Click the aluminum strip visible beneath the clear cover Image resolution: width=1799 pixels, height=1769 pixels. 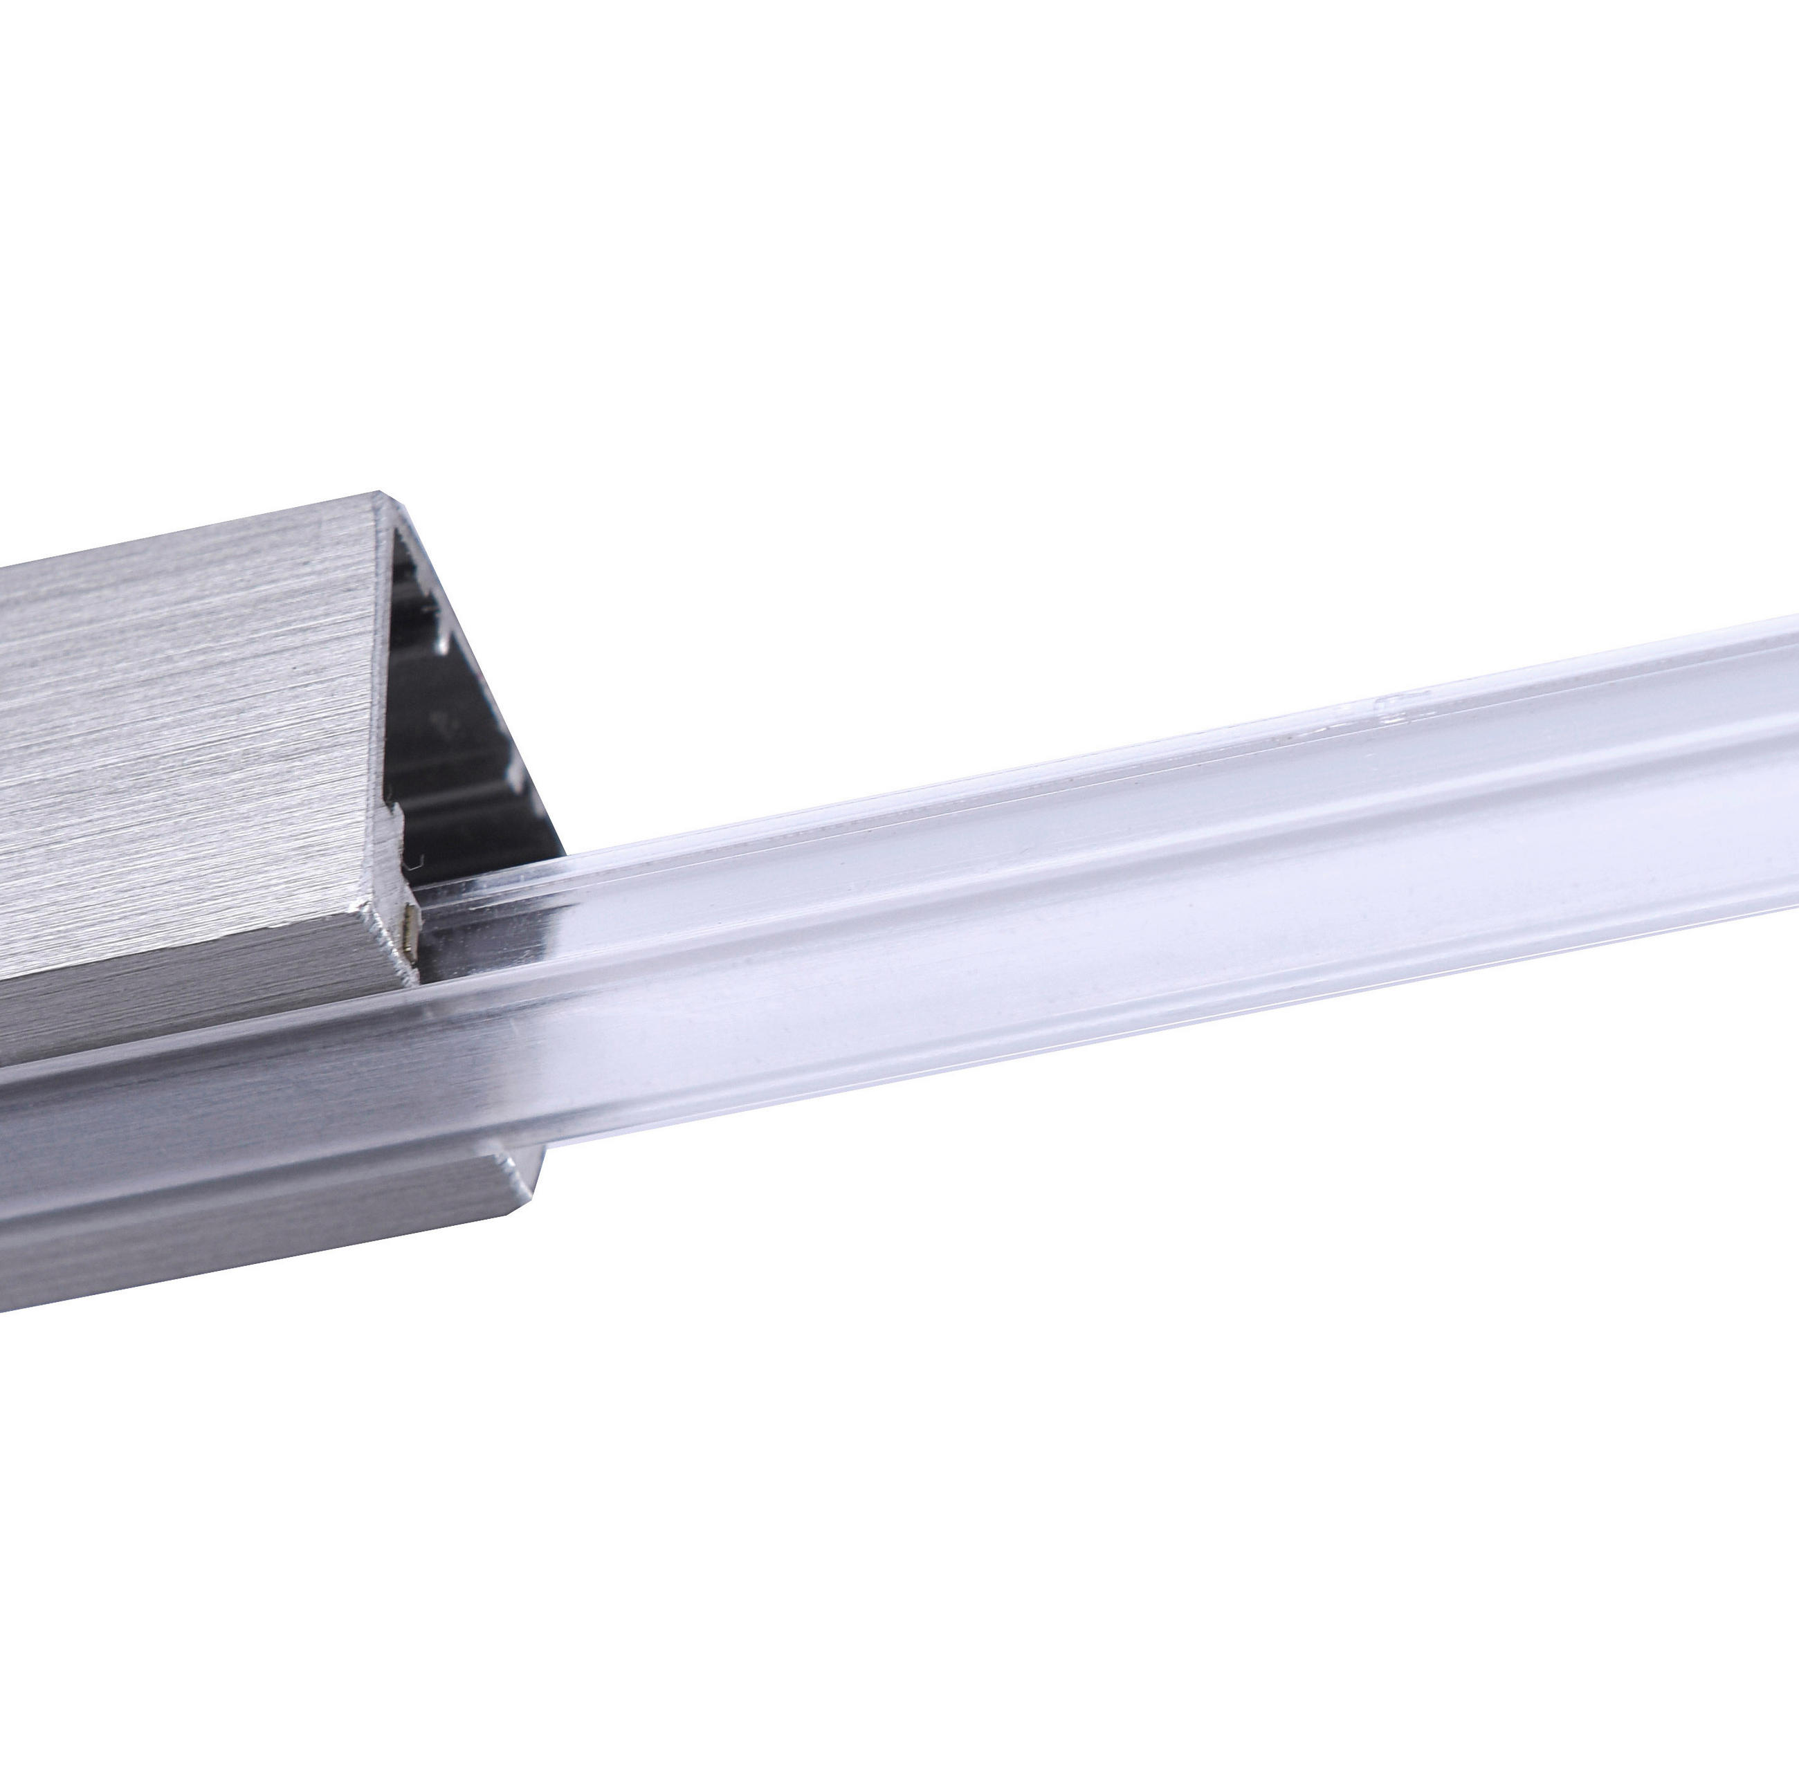186,1180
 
